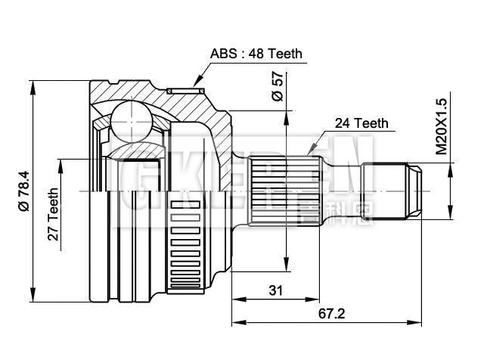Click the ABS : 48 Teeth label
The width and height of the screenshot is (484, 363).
[x=256, y=54]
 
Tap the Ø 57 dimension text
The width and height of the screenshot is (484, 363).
[x=277, y=86]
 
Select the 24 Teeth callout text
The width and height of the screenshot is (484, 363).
[x=361, y=123]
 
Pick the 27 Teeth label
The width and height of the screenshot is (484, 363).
[x=54, y=214]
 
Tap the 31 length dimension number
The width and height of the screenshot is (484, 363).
[x=275, y=290]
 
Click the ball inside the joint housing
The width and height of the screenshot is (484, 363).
[x=132, y=121]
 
